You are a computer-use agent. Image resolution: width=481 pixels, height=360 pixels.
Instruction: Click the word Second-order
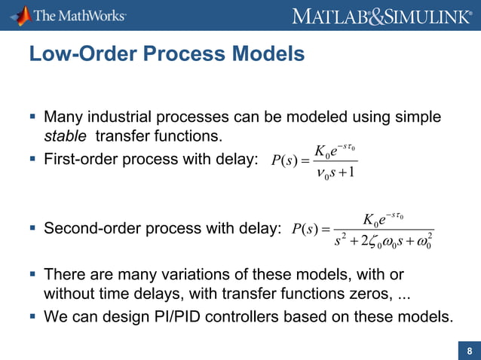(x=93, y=227)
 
